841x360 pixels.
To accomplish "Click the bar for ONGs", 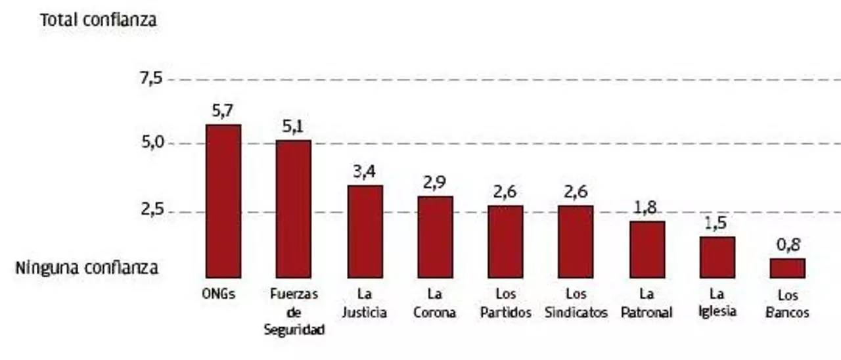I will point(223,201).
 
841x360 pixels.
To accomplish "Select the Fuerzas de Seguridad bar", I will point(294,209).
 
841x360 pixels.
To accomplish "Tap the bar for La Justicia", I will point(365,231).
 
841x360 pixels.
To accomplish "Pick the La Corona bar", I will point(435,236).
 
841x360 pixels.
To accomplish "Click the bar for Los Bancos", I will point(787,268).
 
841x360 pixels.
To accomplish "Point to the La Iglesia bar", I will point(717,258).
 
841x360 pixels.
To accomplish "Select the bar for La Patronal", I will point(647,250).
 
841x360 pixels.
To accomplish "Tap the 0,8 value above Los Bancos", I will point(787,246).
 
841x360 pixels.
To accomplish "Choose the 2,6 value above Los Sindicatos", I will point(576,192).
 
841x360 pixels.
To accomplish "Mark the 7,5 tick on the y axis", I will point(150,79).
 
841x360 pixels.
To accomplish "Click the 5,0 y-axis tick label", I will point(150,143).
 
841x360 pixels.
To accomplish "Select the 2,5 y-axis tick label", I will point(150,212).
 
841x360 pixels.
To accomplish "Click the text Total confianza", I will point(99,20).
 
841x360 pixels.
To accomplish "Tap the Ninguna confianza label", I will point(87,268).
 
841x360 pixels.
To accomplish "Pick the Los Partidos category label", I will point(505,303).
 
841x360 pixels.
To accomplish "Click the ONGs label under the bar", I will point(219,294).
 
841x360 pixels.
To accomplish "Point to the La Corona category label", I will point(434,303).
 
